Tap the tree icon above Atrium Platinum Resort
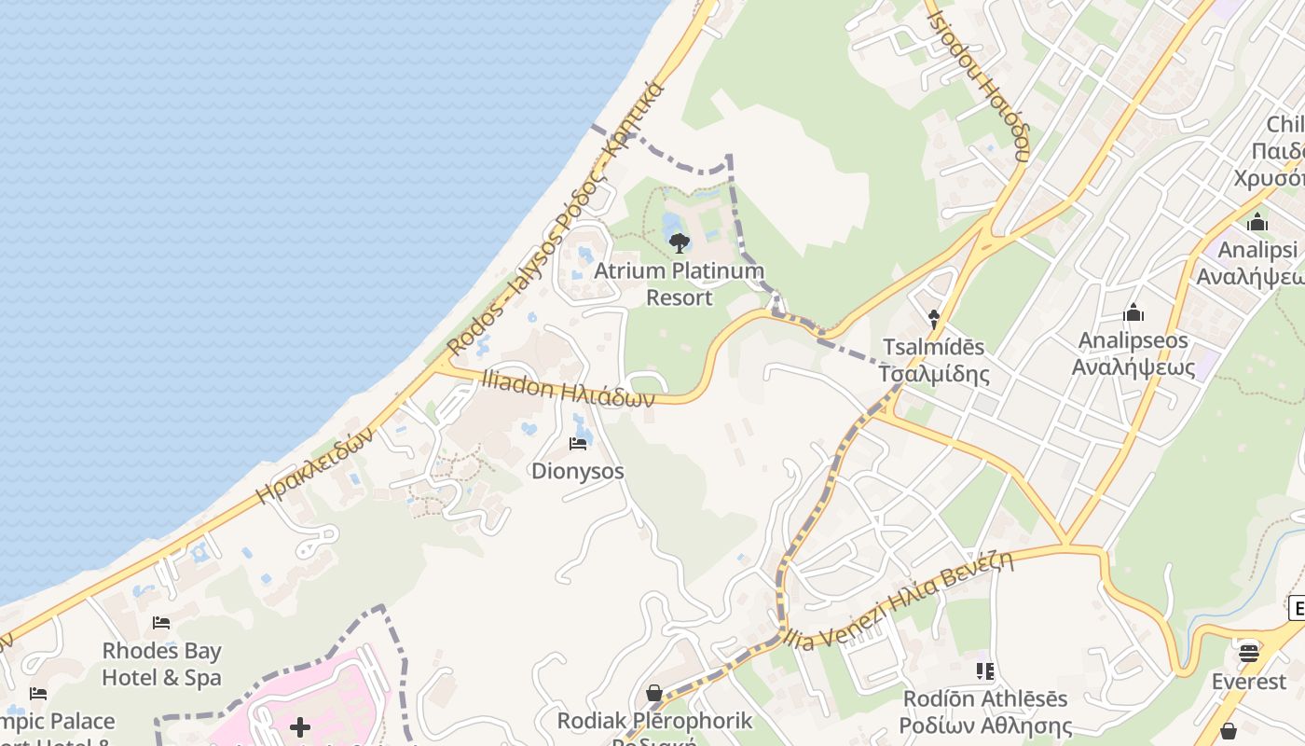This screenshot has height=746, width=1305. coord(680,243)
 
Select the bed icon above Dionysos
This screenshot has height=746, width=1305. coord(578,443)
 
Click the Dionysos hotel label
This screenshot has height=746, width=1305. coord(578,471)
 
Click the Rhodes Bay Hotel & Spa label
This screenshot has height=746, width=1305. coord(161,664)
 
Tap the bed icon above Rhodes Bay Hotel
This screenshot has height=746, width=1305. coord(161,622)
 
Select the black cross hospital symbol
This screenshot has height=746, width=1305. coord(299,727)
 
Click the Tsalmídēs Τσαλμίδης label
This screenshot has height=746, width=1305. coord(933,361)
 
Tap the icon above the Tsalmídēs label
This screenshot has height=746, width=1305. coord(934,319)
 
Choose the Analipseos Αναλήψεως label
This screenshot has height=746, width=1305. coord(1133,353)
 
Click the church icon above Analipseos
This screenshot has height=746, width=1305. coord(1133,312)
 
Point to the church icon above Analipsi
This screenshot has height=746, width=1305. coord(1257,222)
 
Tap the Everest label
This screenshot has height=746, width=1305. coord(1249,682)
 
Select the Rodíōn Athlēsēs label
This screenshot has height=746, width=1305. coord(985,711)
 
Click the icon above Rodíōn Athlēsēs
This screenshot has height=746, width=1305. coord(985,670)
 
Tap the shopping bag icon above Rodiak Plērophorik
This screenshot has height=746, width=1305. coord(654,693)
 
